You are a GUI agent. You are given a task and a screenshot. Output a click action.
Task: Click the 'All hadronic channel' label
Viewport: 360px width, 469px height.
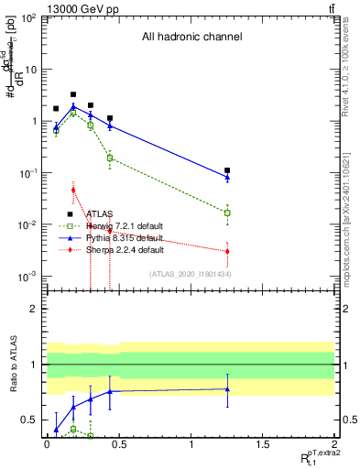pyautogui.click(x=191, y=38)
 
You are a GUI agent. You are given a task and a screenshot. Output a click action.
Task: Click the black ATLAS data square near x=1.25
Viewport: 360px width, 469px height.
pyautogui.click(x=227, y=170)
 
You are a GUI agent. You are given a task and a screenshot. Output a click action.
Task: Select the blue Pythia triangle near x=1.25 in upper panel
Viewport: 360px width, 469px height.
pyautogui.click(x=227, y=176)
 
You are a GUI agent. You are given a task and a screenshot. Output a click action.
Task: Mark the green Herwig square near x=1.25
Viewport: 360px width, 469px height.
pyautogui.click(x=227, y=213)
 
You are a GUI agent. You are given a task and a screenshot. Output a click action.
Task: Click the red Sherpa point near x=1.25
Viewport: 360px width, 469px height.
pyautogui.click(x=227, y=251)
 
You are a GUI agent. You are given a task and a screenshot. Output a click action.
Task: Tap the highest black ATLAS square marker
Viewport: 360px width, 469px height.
pyautogui.click(x=73, y=94)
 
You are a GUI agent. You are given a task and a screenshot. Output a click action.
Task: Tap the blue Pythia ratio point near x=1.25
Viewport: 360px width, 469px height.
pyautogui.click(x=227, y=388)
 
